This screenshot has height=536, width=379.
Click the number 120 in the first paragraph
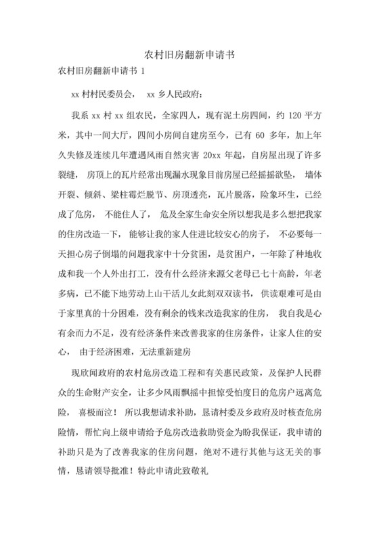[296, 114]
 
